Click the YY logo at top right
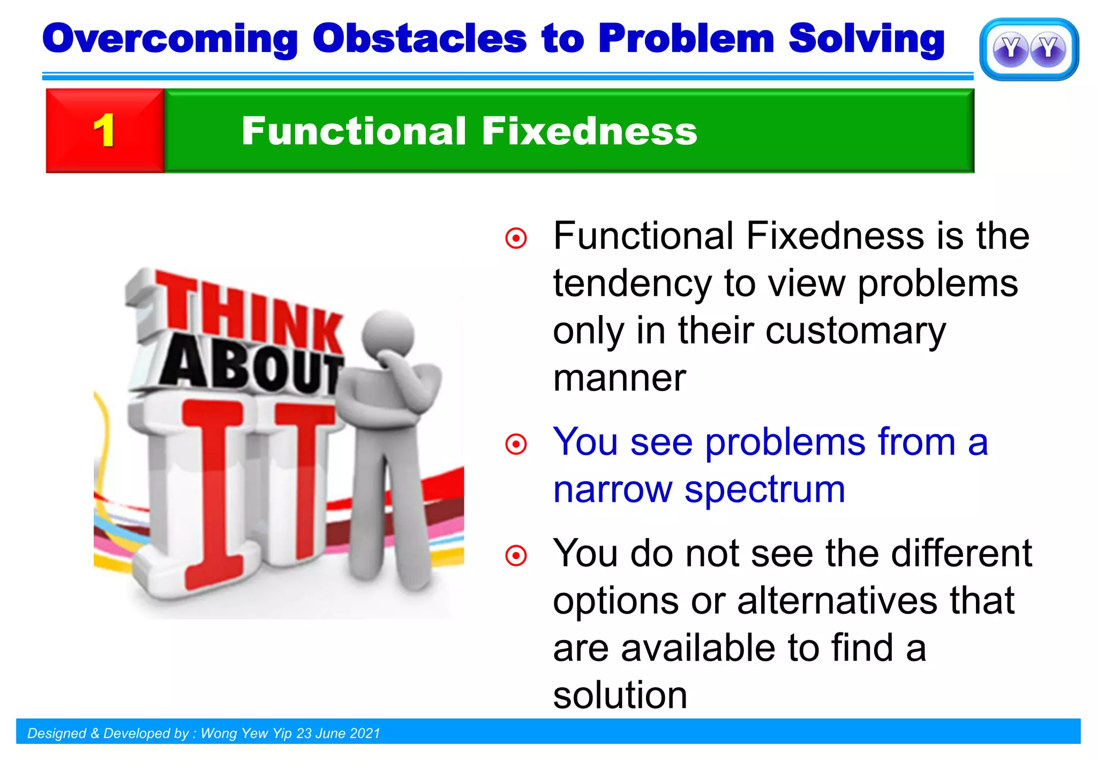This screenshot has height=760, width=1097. pos(1029,49)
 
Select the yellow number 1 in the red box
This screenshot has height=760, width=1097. pos(104,131)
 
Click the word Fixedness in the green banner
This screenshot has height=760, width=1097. pos(589,131)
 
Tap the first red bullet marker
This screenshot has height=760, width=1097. pos(516,238)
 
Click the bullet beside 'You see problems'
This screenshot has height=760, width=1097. pos(516,444)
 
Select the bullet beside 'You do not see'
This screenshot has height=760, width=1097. pos(516,556)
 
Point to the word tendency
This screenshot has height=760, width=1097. pos(632,284)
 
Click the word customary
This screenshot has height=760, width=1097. pos(855,331)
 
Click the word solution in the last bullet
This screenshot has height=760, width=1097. pos(620,695)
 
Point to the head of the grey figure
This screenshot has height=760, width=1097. pos(388,332)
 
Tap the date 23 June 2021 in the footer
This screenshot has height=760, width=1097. pos(338,733)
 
